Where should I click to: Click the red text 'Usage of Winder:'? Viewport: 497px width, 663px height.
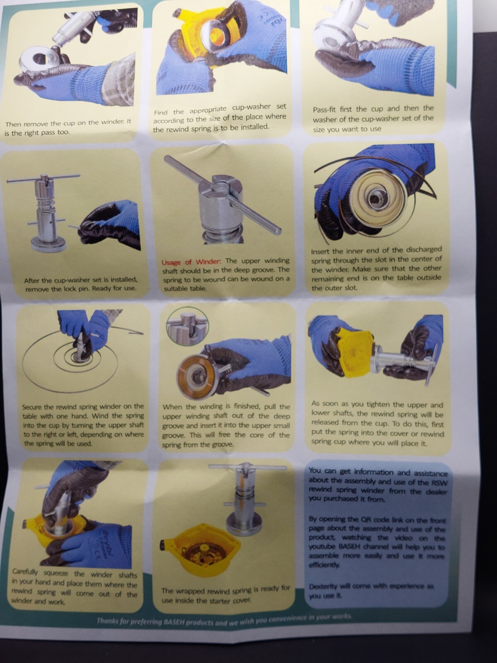191,262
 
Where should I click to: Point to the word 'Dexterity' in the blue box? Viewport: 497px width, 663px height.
323,586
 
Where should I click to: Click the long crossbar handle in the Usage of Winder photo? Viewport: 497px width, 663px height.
224,195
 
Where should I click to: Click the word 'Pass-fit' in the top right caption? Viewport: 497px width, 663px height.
325,110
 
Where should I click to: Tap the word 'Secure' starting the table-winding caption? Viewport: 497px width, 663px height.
32,407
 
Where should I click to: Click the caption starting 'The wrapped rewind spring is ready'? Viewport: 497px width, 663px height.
225,594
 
